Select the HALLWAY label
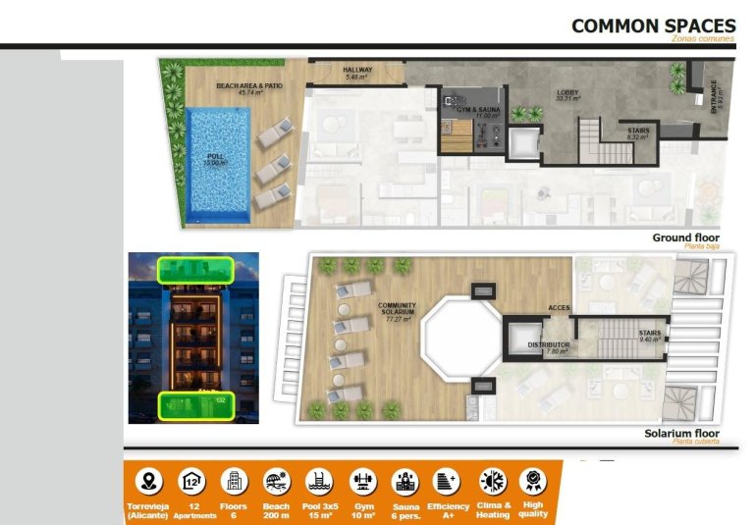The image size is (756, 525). click(356, 71)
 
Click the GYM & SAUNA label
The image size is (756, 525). click(474, 110)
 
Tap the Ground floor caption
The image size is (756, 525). click(685, 237)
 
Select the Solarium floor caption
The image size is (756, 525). click(681, 434)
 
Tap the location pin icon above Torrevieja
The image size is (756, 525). click(148, 481)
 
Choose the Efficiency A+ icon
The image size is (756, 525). click(446, 481)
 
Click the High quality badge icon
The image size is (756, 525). click(531, 481)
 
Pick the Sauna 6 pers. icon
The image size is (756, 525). click(405, 481)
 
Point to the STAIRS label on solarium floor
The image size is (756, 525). click(649, 334)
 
